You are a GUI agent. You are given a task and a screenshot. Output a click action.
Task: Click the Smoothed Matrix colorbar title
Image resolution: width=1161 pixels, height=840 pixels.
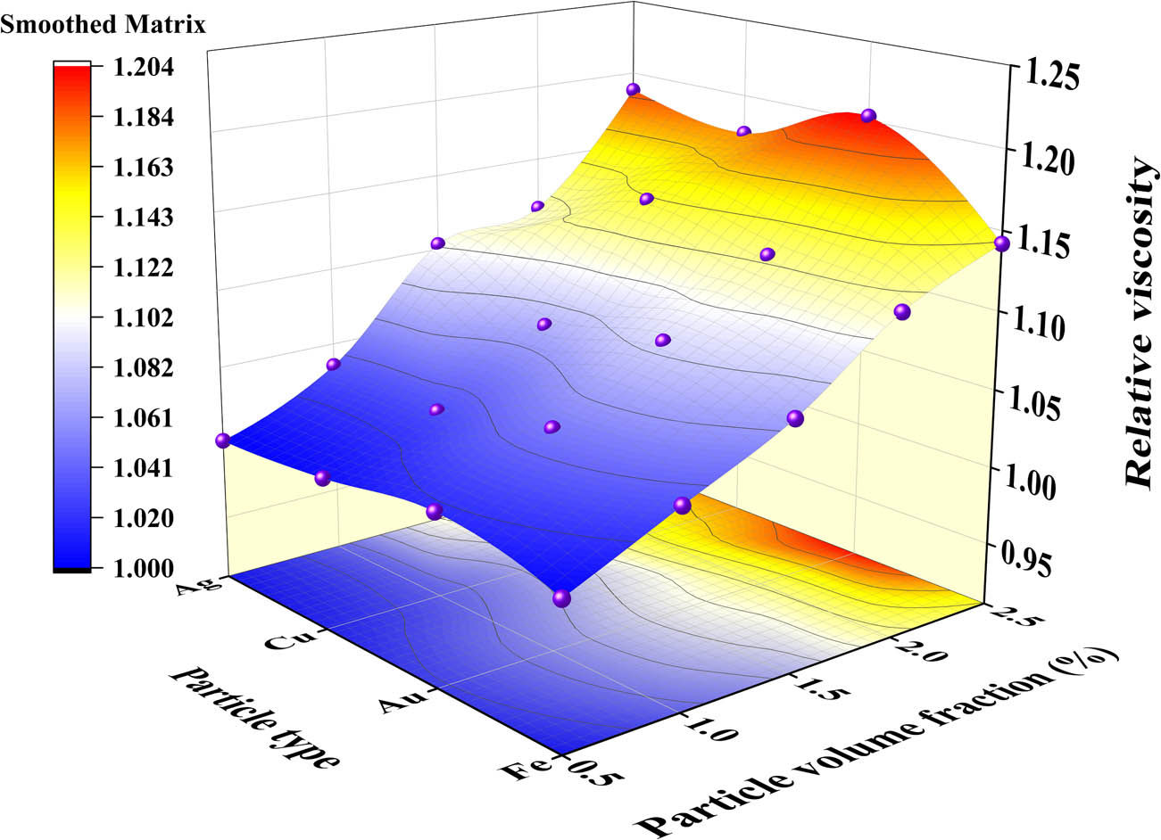tap(103, 25)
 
